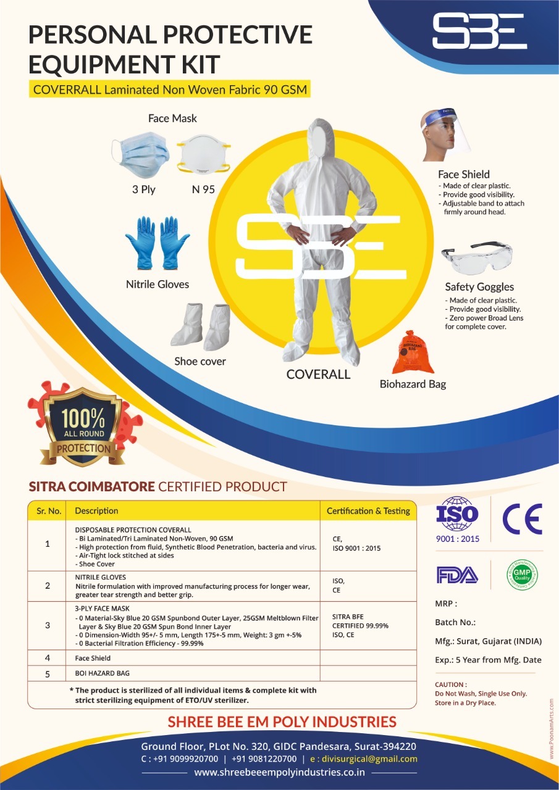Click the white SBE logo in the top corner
pos(479,32)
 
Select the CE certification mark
pos(522,518)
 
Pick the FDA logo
pos(457,575)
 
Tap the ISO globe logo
pos(457,515)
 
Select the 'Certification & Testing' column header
pos(368,511)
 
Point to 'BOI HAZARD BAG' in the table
pos(103,673)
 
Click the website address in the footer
pos(279,773)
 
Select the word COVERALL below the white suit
pos(318,375)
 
